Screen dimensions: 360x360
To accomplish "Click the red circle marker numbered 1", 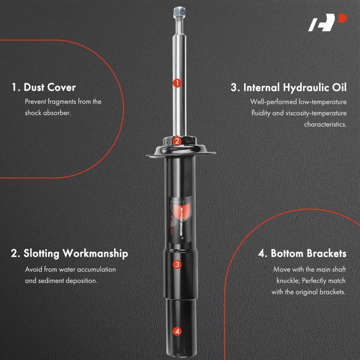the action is point(177,83).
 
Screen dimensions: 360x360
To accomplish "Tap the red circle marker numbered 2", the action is point(177,141).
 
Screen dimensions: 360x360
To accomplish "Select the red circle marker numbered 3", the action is point(177,264).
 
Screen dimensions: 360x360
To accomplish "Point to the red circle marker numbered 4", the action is point(177,331).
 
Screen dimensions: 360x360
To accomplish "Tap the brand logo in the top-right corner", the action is point(327,22).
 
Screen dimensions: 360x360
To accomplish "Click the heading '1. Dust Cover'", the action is point(44,87).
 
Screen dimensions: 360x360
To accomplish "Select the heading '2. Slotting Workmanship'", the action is point(69,254).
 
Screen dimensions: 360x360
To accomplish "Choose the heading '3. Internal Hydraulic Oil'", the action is point(288,88).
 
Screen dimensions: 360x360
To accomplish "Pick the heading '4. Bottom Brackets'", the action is point(302,254).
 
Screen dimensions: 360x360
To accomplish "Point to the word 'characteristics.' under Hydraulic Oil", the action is point(325,124).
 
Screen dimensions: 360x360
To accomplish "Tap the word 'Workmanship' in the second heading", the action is point(95,254).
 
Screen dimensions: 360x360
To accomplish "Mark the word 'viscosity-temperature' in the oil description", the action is point(316,113).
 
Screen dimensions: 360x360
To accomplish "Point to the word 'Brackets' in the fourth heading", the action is point(326,254).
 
